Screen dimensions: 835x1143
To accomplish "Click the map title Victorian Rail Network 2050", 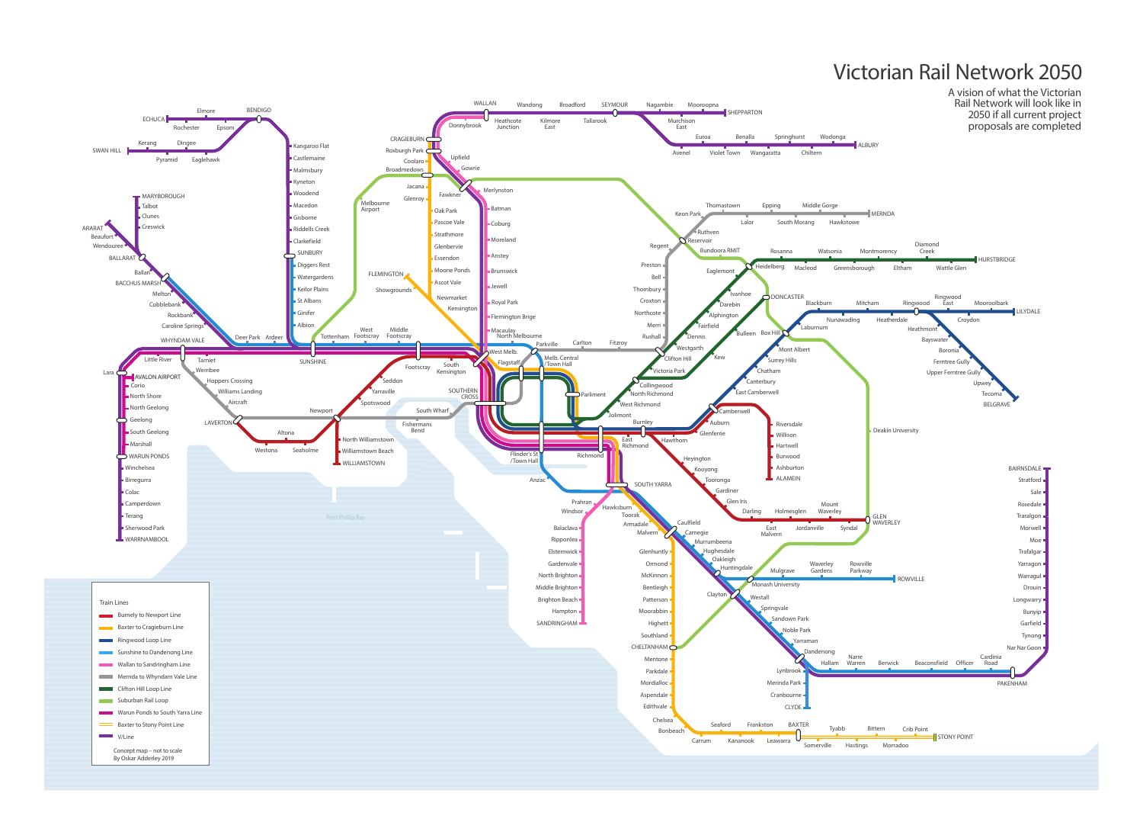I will point(957,72).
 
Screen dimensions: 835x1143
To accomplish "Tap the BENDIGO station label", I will point(258,111).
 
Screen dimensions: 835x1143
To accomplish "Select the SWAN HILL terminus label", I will point(107,151).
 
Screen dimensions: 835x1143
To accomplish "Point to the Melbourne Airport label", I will point(375,206).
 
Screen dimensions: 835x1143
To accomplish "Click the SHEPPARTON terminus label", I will point(744,113).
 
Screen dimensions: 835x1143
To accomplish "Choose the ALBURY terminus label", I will point(868,145).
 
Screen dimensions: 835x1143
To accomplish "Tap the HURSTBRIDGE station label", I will point(997,260).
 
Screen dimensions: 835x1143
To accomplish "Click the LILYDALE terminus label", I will point(1028,312).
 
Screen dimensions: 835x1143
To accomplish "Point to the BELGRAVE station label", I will point(996,404).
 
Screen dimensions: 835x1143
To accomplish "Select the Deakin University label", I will point(895,430).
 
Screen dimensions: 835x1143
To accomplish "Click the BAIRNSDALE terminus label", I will point(1024,468).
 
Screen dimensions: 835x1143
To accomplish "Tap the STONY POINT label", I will point(956,737).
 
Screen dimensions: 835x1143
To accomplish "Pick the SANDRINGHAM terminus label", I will point(557,623).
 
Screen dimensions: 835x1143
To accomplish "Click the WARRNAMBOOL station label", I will point(147,540).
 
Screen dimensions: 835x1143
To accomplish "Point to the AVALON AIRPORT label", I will point(158,377).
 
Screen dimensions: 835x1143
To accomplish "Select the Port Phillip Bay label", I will point(346,518).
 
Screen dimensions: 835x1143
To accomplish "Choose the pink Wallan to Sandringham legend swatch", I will point(106,665).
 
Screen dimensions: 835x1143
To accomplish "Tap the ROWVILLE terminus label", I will point(911,580).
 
